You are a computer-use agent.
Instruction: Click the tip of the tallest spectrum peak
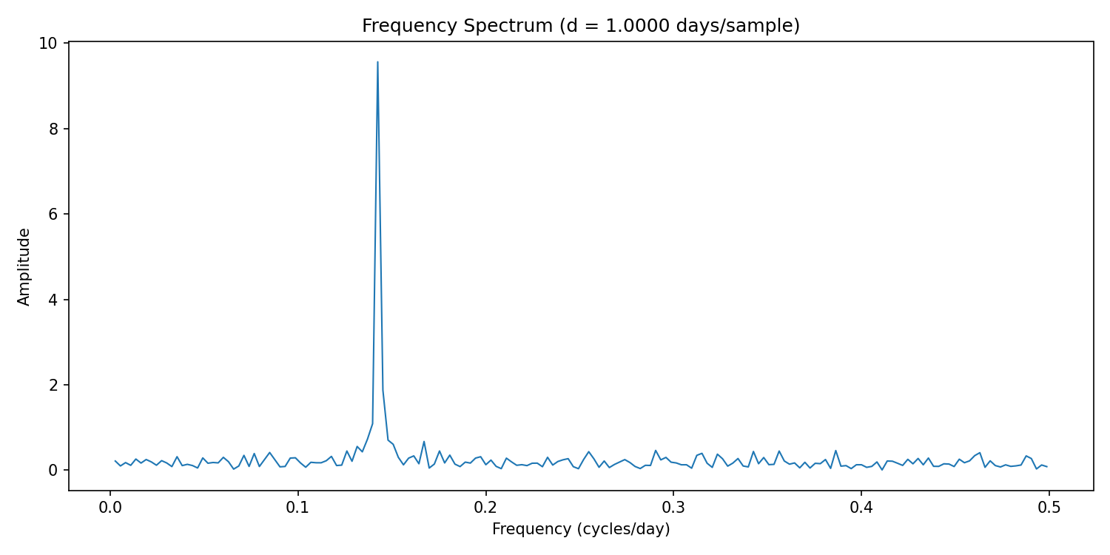tap(377, 62)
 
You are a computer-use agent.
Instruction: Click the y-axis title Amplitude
tap(24, 266)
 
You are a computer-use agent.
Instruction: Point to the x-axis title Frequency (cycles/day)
tap(581, 529)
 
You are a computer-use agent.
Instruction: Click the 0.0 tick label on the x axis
tap(110, 508)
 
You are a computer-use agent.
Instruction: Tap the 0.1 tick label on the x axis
tap(298, 508)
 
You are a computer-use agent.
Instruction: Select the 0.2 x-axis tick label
tap(485, 508)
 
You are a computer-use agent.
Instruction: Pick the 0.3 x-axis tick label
tap(673, 508)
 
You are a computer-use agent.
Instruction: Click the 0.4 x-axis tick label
tap(861, 508)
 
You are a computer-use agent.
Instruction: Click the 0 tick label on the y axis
tap(53, 471)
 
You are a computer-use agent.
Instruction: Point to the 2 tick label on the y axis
tap(53, 385)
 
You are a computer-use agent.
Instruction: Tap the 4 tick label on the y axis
tap(53, 300)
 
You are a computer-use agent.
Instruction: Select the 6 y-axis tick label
tap(53, 214)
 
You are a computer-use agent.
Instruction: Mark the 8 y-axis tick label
tap(53, 129)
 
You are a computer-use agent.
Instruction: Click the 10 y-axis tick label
tap(50, 43)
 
